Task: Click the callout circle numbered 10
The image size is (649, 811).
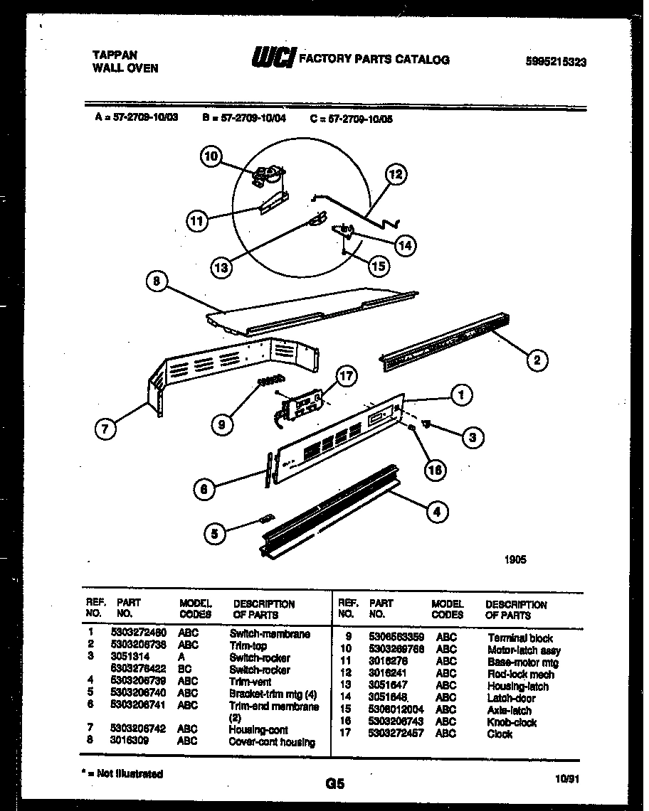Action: point(211,156)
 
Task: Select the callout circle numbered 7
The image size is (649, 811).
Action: point(105,428)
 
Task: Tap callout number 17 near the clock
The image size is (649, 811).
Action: point(347,377)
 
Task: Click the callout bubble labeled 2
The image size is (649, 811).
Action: point(537,360)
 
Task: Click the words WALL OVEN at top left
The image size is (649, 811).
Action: point(125,69)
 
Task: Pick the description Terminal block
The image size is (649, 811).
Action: point(520,638)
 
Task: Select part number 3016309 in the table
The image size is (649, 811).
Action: point(130,741)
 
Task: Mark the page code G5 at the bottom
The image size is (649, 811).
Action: point(334,784)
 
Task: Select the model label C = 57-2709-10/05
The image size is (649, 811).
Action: point(352,119)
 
